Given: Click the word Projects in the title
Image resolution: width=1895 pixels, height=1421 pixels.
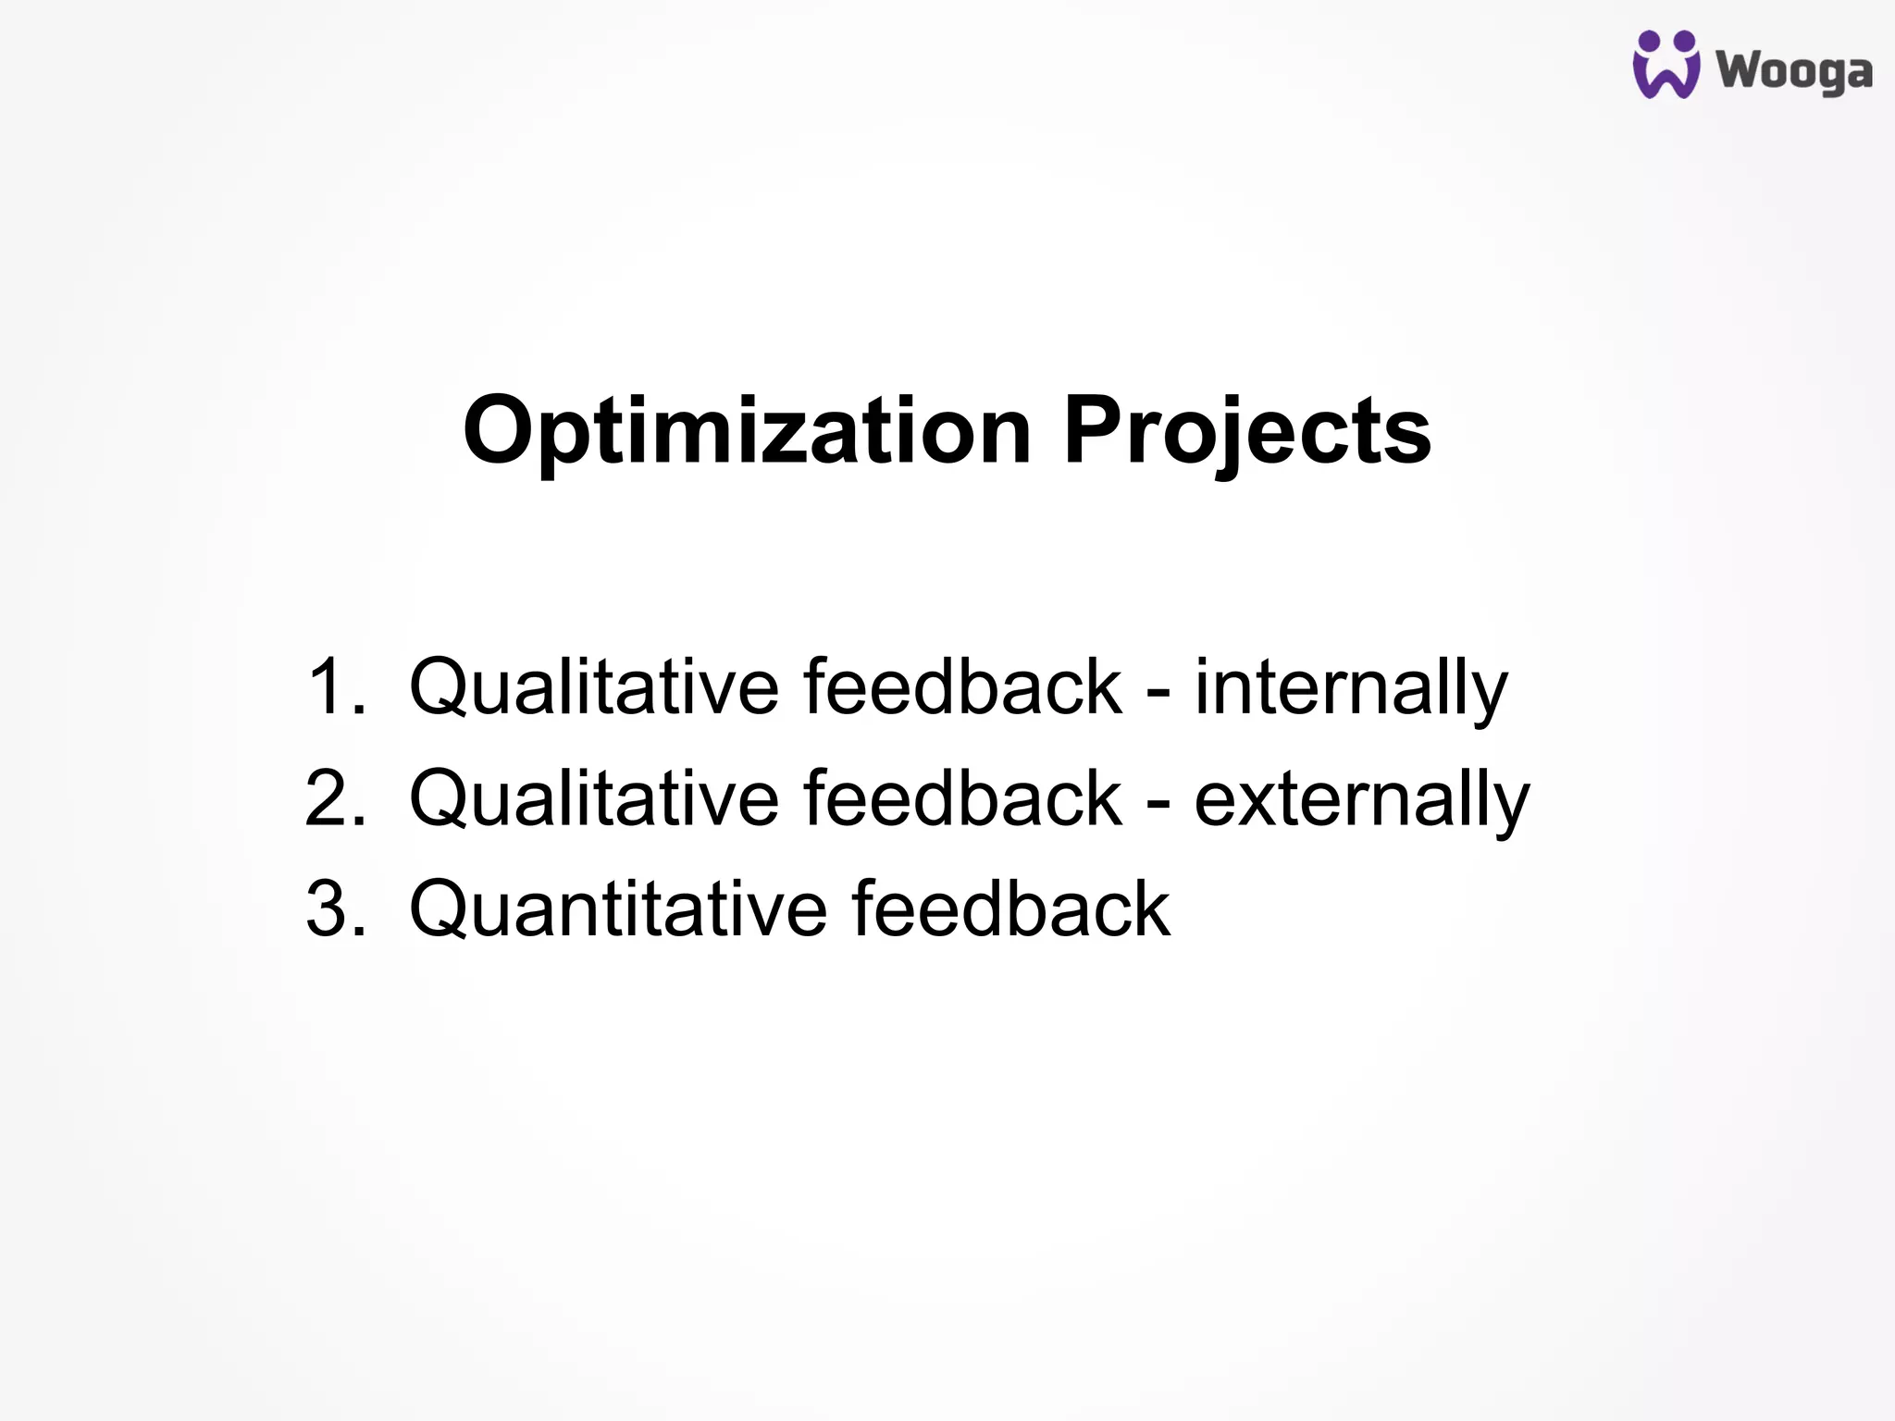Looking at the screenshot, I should coord(1246,431).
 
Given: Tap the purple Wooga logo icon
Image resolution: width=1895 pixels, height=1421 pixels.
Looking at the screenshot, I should coord(1666,65).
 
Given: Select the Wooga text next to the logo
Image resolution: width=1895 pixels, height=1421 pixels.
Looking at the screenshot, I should coord(1794,71).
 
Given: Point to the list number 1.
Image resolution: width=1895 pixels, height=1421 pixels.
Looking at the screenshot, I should coord(334,686).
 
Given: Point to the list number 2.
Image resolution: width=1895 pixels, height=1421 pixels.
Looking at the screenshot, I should coord(334,797).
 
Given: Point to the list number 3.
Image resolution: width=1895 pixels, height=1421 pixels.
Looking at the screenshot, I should coord(334,908).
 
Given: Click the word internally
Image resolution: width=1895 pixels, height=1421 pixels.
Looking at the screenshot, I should coord(1351,686).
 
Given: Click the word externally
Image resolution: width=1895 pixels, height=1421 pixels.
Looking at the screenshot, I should coord(1361,797).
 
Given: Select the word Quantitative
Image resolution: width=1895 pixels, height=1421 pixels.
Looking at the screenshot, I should coord(618,908).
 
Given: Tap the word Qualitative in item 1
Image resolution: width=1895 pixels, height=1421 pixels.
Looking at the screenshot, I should coord(594,686).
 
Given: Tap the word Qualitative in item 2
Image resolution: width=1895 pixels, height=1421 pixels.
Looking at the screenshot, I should coord(594,797).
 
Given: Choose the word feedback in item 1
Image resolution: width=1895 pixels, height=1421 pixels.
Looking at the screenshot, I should coord(962,686).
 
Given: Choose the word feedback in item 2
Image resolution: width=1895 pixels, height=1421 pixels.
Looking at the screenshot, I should coord(962,797).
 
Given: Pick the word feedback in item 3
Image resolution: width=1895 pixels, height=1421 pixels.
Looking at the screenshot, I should coord(1010,908).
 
